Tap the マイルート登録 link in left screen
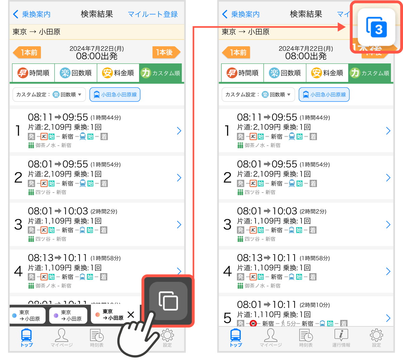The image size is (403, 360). point(152,14)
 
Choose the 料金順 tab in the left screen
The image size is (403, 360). point(118,73)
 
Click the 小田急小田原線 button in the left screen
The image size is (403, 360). point(115,95)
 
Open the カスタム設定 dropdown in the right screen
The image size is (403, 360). point(258,95)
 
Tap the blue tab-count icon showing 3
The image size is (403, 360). point(376,28)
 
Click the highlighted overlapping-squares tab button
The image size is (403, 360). point(168,301)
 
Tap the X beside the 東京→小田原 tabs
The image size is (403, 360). point(131,315)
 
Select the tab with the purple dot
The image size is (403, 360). point(68,315)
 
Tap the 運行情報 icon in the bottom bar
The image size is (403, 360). point(341,337)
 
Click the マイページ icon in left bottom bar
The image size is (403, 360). point(61,337)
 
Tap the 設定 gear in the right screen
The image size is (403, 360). point(376,337)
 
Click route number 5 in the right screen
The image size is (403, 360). point(227,317)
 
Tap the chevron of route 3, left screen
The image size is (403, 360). point(179,224)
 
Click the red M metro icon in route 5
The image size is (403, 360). point(254,323)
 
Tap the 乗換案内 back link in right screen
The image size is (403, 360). point(241,14)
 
